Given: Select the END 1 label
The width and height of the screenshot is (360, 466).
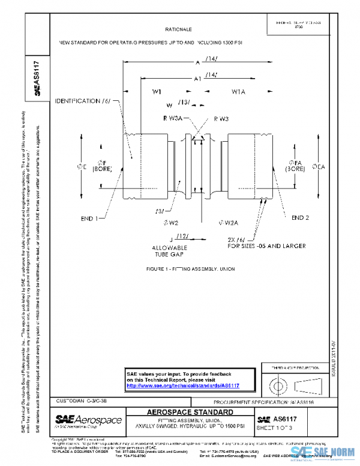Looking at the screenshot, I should (89, 219).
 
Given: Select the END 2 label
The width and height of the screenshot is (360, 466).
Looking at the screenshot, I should (300, 217).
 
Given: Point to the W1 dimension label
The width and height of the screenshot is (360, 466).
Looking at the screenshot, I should (157, 92).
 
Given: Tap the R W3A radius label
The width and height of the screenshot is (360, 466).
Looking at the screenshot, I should (173, 119).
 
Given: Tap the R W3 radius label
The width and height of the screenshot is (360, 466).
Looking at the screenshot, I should (220, 119).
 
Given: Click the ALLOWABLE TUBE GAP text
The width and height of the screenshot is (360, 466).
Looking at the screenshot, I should (170, 250).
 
